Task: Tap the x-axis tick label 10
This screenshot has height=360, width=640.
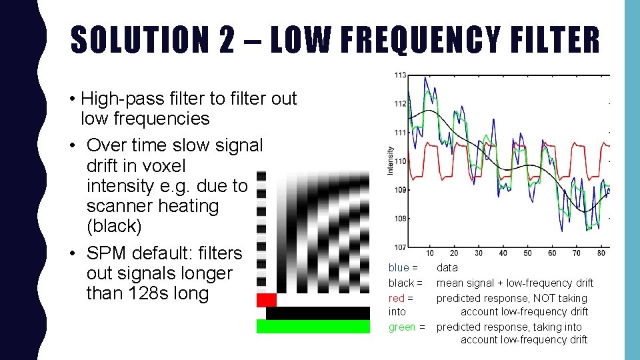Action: (430, 253)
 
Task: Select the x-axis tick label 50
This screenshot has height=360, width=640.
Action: (527, 253)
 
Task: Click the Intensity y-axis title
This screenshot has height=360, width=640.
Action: (391, 161)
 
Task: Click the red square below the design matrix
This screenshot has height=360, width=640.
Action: (266, 300)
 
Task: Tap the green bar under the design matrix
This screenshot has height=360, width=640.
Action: (313, 327)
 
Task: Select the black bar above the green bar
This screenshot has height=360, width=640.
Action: (317, 313)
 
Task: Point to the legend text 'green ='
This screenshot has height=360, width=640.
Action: (407, 327)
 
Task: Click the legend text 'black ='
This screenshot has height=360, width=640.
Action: (405, 283)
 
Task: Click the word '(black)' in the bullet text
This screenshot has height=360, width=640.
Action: (114, 226)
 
